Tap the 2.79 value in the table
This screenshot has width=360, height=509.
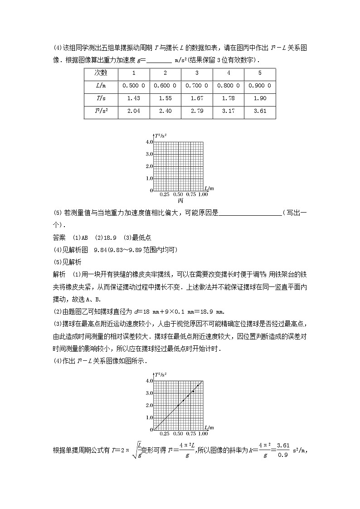coord(197,111)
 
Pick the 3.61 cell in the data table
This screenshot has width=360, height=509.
coord(260,111)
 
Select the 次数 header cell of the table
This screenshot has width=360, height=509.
coord(101,73)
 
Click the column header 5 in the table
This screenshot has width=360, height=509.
coord(260,73)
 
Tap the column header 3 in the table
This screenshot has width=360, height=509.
coord(197,73)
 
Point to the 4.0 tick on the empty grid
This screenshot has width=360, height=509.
coord(149,142)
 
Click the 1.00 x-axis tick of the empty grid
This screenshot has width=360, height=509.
coord(203,194)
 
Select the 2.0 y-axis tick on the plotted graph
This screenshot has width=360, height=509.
coord(149,405)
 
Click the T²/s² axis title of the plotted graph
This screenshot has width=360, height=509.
coord(161,375)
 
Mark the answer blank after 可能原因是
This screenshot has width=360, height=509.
coord(250,213)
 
